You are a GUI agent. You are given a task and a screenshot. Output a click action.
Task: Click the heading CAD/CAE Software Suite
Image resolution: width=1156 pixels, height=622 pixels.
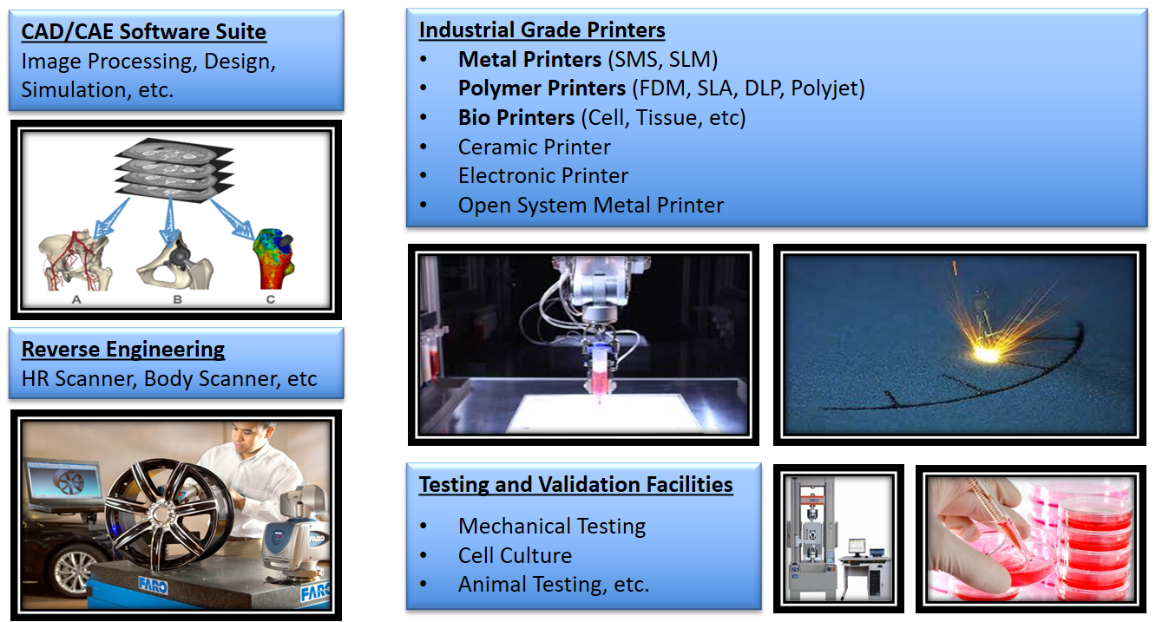click(143, 32)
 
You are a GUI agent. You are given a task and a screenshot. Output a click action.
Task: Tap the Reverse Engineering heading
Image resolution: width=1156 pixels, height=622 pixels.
click(123, 350)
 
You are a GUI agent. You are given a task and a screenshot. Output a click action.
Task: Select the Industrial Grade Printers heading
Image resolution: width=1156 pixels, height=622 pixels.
click(542, 30)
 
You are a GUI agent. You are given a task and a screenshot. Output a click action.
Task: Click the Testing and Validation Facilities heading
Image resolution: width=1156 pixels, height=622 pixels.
click(575, 485)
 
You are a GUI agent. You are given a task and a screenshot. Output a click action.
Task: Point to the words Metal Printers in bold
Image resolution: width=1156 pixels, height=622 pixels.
click(529, 59)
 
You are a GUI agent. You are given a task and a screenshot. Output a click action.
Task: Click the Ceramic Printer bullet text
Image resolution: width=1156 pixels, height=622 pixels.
click(534, 147)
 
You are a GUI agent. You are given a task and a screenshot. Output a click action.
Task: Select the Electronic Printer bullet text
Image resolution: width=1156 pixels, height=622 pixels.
click(543, 176)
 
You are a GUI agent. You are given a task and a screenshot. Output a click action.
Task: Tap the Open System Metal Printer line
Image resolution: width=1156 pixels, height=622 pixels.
click(591, 206)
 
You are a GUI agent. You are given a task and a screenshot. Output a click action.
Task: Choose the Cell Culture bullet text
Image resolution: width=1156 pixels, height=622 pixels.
click(515, 555)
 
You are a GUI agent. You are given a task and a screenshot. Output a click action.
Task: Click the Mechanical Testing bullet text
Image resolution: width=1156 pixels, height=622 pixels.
click(552, 526)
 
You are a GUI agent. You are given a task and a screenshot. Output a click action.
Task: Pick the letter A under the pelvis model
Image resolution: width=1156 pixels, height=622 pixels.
click(76, 299)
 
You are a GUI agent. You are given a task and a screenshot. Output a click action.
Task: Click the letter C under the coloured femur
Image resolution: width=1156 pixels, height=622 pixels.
click(271, 299)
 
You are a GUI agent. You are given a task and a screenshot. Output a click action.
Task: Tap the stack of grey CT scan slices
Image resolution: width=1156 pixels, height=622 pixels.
click(174, 168)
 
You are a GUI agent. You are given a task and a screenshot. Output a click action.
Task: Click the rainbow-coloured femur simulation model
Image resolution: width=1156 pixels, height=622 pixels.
click(273, 259)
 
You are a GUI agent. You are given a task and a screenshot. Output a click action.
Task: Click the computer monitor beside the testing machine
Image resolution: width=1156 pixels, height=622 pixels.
click(857, 547)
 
